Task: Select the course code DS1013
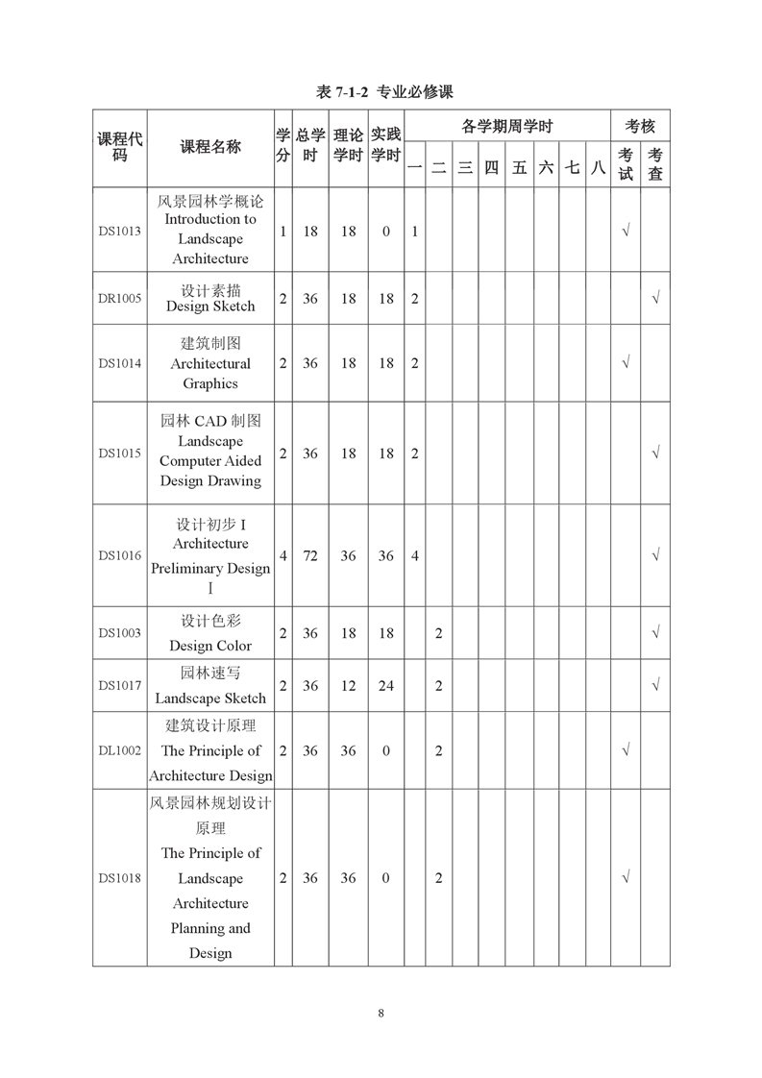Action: (119, 232)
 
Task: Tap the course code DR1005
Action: (119, 299)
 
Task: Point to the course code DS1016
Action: (119, 555)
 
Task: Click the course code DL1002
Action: (119, 750)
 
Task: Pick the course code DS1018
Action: (119, 878)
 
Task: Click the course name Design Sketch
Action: (210, 306)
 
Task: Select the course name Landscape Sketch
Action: (210, 698)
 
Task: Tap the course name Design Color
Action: (210, 646)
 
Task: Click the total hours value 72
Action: (310, 555)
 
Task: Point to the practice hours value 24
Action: (385, 685)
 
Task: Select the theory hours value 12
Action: (348, 685)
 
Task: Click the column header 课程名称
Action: (210, 147)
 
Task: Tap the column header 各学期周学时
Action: (506, 126)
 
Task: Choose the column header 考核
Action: (640, 126)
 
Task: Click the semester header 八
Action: (598, 167)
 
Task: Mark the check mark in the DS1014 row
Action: (626, 363)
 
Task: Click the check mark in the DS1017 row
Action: (655, 685)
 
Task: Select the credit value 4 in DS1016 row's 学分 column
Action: (283, 555)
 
